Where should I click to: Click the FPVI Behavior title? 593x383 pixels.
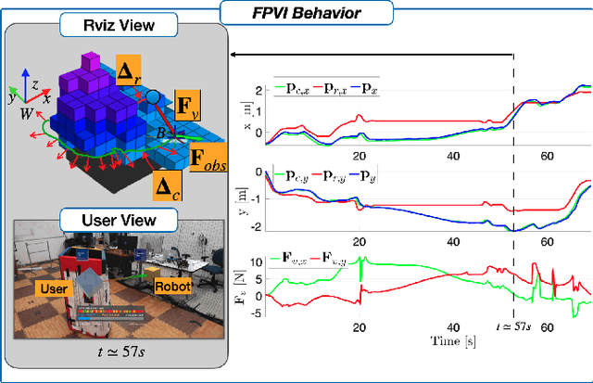(x=297, y=13)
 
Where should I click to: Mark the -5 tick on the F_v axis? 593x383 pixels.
(x=257, y=313)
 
